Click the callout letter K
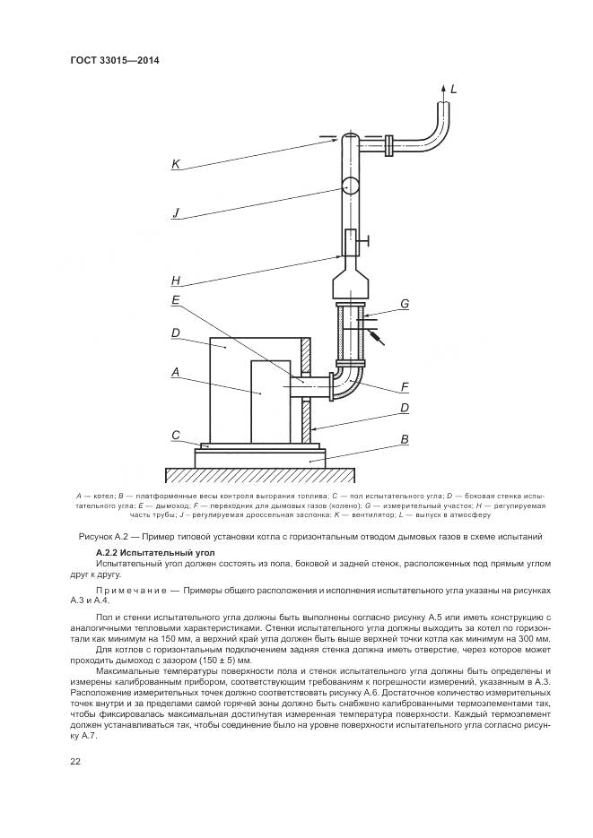[x=177, y=165]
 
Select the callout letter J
[x=177, y=212]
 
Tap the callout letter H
[x=177, y=281]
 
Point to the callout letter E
[x=177, y=300]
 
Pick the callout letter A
[x=177, y=371]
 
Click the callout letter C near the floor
[x=177, y=436]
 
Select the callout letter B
[x=405, y=439]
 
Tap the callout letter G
[x=405, y=304]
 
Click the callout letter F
[x=405, y=387]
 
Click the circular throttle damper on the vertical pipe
[x=349, y=186]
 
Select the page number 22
[x=74, y=761]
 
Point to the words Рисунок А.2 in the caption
[x=106, y=536]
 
